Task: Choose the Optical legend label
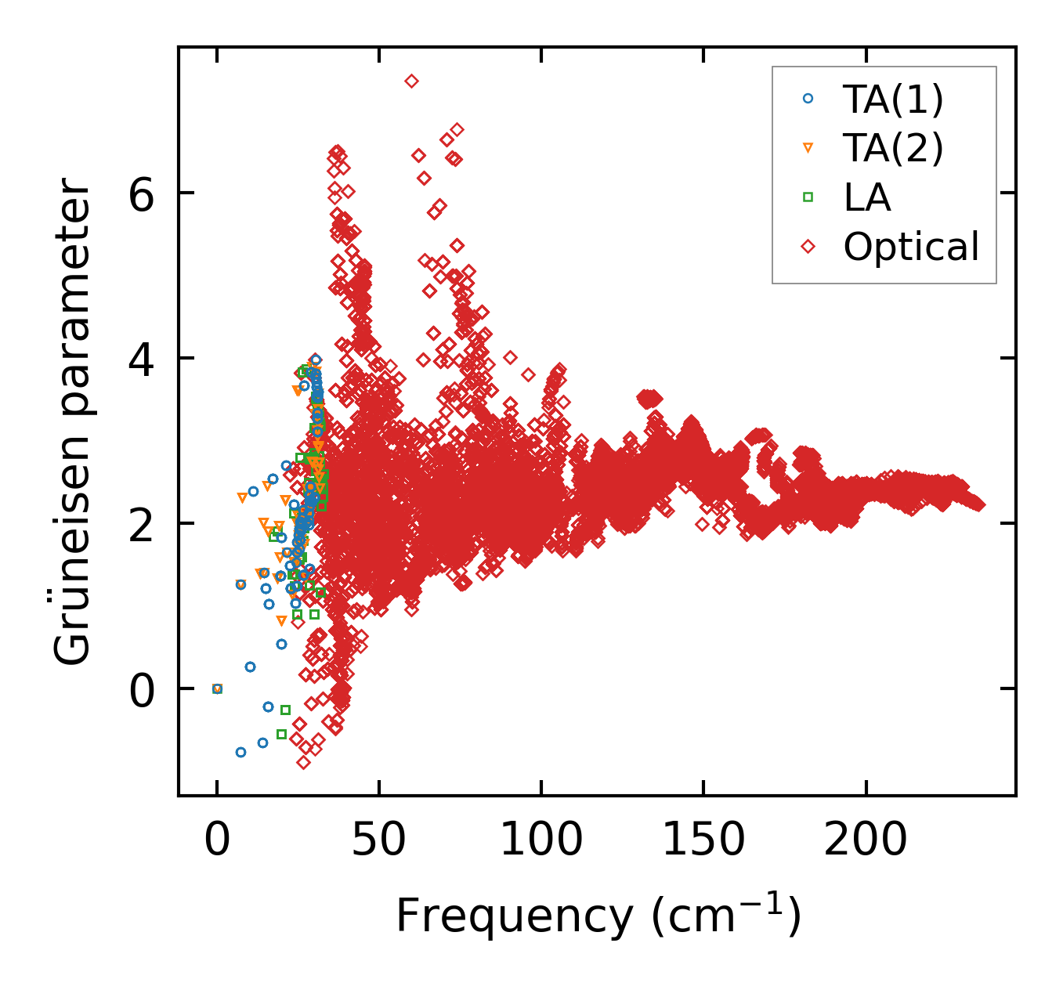click(x=911, y=247)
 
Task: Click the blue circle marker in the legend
click(x=808, y=99)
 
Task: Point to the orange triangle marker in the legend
click(x=808, y=148)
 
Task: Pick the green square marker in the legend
click(x=808, y=197)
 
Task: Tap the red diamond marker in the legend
click(x=808, y=247)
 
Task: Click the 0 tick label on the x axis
click(x=217, y=841)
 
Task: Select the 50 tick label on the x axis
click(x=379, y=841)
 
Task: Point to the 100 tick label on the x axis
click(x=541, y=841)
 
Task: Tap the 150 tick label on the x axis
click(x=703, y=841)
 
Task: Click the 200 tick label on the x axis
click(x=866, y=841)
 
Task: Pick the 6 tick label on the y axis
click(x=142, y=193)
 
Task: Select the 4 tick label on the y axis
click(x=142, y=359)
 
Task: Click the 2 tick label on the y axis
click(x=142, y=524)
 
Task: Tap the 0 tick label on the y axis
click(x=142, y=689)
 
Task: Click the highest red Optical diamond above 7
click(x=411, y=81)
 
